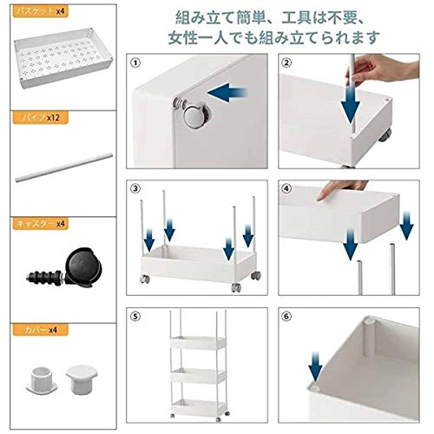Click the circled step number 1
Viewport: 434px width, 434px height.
point(135,62)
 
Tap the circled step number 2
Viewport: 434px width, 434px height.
point(286,62)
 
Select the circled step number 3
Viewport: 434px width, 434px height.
point(135,189)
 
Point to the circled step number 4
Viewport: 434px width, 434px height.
point(286,189)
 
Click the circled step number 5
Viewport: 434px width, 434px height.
point(135,316)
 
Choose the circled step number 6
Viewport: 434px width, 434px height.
point(286,316)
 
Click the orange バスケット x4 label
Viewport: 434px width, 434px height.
point(40,11)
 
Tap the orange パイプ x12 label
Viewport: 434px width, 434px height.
point(40,118)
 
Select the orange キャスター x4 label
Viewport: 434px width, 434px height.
point(40,224)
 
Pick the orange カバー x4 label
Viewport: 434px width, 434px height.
point(40,330)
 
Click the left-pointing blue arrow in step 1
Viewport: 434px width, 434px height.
point(227,93)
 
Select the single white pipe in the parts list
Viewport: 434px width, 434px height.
point(63,168)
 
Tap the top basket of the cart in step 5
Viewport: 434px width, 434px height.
point(198,344)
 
